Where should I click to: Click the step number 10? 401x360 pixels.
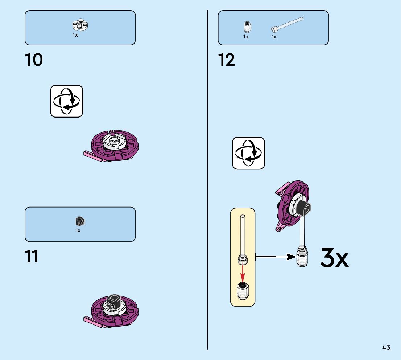point(34,60)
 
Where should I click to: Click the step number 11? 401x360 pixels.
point(32,257)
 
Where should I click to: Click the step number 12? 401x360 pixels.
point(227,60)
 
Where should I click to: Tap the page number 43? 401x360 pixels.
point(386,348)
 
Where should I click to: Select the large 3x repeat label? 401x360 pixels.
point(334,258)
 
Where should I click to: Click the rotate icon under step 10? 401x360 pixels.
point(67,101)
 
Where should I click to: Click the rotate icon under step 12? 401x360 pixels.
point(249,153)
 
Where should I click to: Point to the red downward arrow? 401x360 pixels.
point(243,272)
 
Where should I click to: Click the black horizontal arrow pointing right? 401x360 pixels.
point(276,257)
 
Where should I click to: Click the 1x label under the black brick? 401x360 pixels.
point(78,231)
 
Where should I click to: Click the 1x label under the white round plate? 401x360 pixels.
point(75,35)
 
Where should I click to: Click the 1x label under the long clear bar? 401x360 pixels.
point(274,37)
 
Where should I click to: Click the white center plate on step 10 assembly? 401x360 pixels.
point(114,142)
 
